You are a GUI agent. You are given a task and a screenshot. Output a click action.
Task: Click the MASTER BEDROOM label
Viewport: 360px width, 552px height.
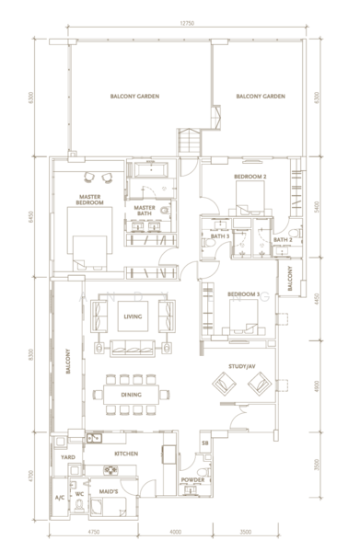pyautogui.click(x=90, y=199)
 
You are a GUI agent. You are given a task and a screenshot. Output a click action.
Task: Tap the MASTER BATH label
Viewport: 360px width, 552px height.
pyautogui.click(x=145, y=211)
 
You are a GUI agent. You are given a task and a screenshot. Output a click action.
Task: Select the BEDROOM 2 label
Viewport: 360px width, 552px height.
pyautogui.click(x=250, y=176)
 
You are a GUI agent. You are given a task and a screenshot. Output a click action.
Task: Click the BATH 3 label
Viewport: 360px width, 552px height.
pyautogui.click(x=219, y=236)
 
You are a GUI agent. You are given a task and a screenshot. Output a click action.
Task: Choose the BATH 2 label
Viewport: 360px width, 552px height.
pyautogui.click(x=282, y=240)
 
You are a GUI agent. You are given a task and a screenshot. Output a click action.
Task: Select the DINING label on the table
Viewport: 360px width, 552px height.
pyautogui.click(x=133, y=396)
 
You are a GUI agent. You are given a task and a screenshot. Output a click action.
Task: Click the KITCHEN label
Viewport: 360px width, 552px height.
pyautogui.click(x=126, y=454)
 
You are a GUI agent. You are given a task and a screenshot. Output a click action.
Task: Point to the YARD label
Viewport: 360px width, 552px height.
pyautogui.click(x=67, y=455)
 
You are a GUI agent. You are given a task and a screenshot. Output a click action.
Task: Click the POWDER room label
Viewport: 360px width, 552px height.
pyautogui.click(x=192, y=480)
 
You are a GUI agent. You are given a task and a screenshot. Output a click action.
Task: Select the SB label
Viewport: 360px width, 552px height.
pyautogui.click(x=205, y=443)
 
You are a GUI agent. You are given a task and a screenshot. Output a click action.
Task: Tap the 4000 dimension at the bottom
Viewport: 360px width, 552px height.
pyautogui.click(x=176, y=533)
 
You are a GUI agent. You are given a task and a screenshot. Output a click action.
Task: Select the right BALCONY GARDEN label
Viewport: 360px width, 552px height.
pyautogui.click(x=260, y=96)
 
